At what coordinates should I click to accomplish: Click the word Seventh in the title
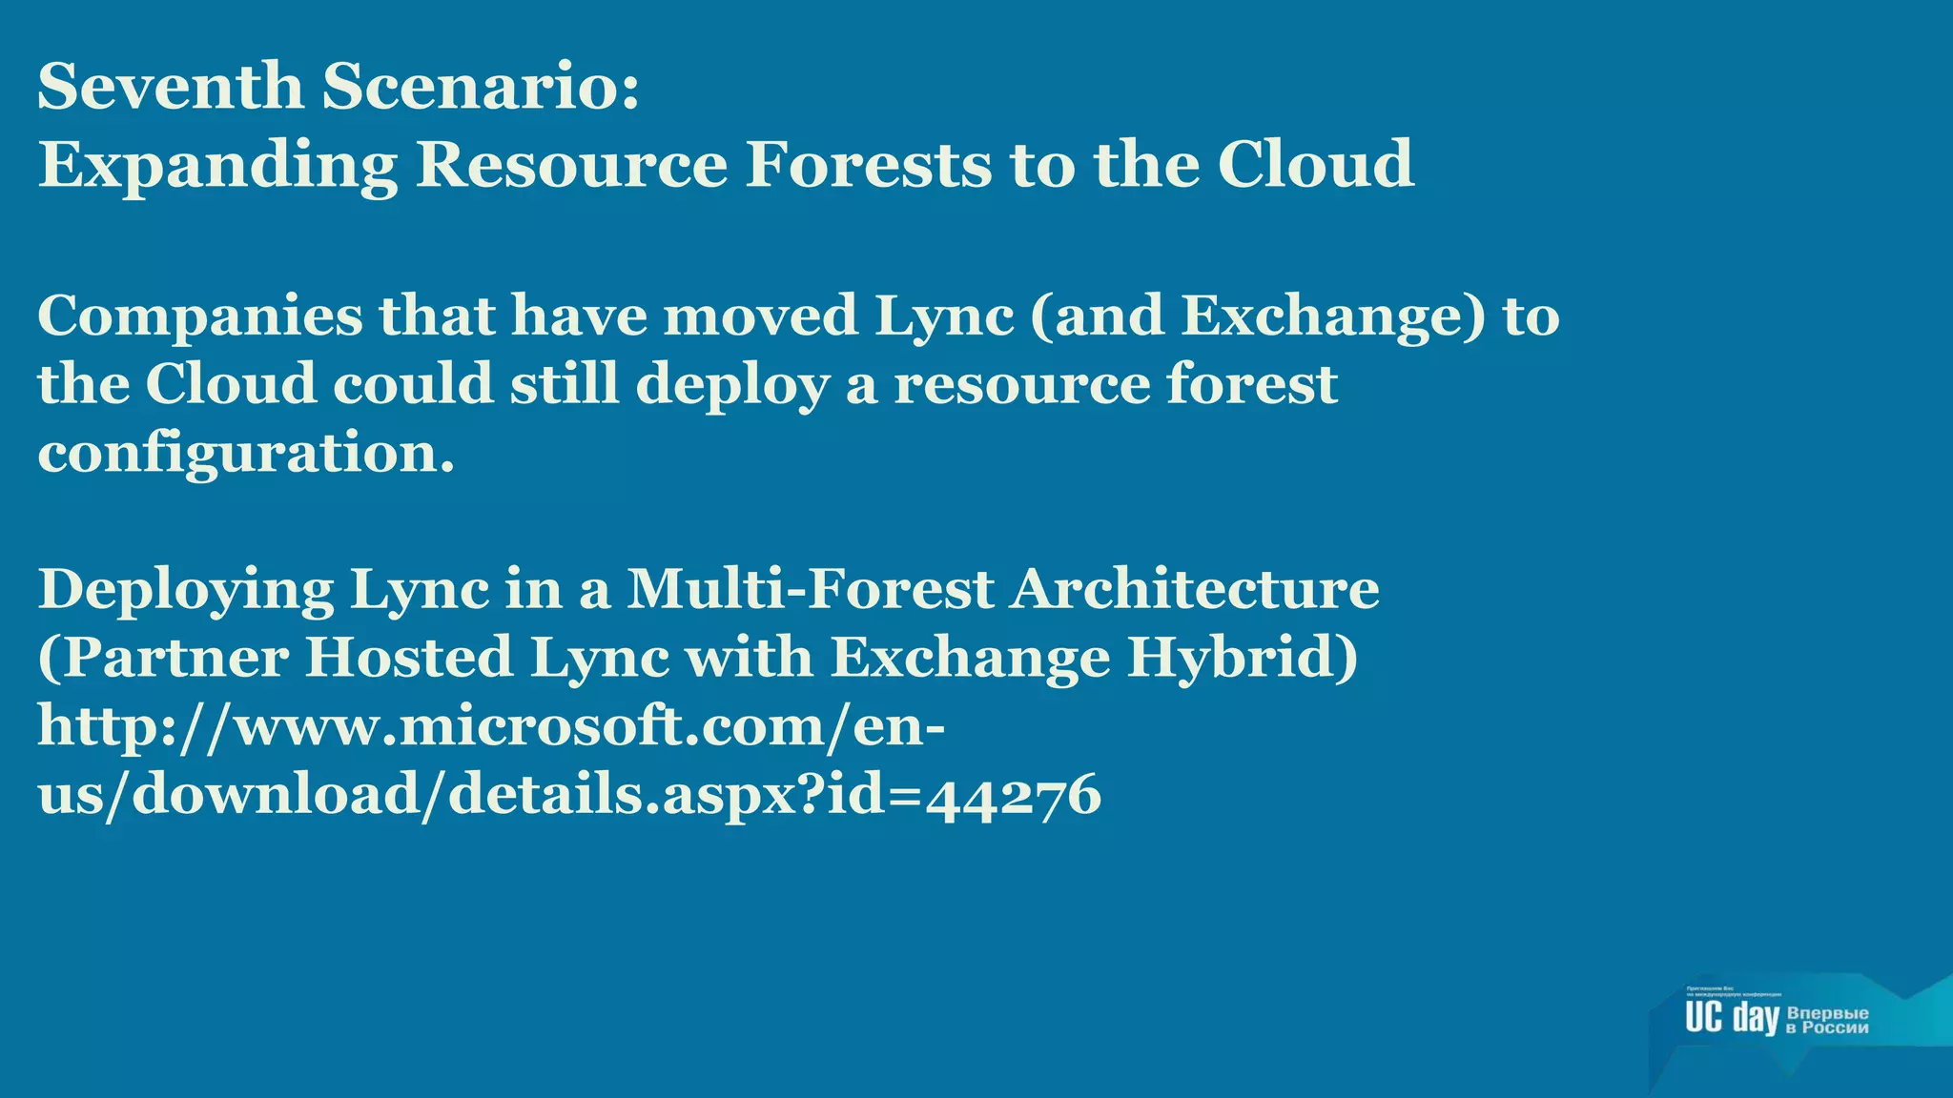tap(170, 86)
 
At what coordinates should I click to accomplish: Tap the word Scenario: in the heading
tap(480, 86)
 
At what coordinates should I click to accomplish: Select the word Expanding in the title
tap(217, 166)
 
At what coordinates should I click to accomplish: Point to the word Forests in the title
tap(868, 164)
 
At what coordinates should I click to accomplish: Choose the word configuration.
tap(246, 453)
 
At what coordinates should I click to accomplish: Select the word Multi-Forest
tap(811, 588)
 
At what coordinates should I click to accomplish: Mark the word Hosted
tap(409, 657)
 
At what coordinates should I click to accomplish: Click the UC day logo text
tap(1732, 1017)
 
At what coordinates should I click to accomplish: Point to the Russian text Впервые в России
tap(1827, 1020)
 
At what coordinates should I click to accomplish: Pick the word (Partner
tap(163, 658)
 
